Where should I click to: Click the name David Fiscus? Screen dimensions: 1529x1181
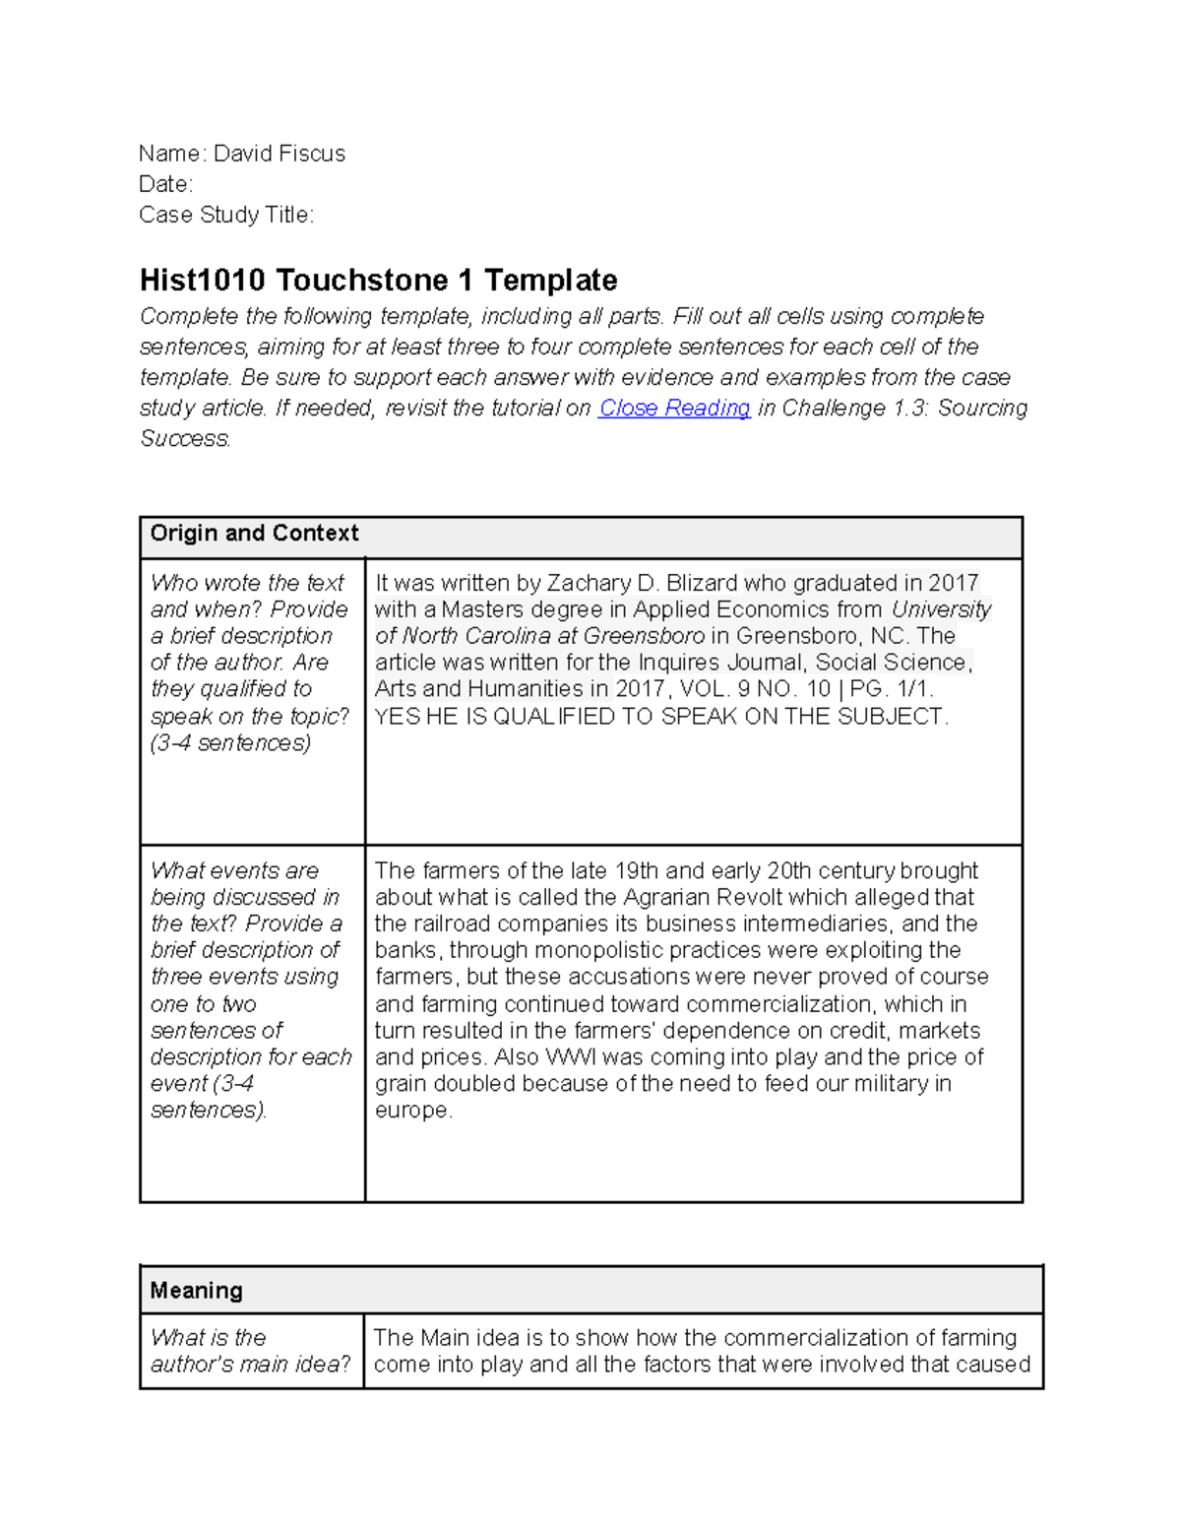280,154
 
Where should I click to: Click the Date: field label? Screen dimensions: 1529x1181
165,184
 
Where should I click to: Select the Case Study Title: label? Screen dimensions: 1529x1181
226,215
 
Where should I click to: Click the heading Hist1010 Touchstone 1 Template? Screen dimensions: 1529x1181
378,281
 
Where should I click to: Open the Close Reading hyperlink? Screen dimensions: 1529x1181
674,408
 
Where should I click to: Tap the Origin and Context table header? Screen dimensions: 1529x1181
254,534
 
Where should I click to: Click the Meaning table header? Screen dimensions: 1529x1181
196,1291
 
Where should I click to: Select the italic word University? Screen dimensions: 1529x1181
941,609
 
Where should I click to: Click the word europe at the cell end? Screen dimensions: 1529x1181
411,1111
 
